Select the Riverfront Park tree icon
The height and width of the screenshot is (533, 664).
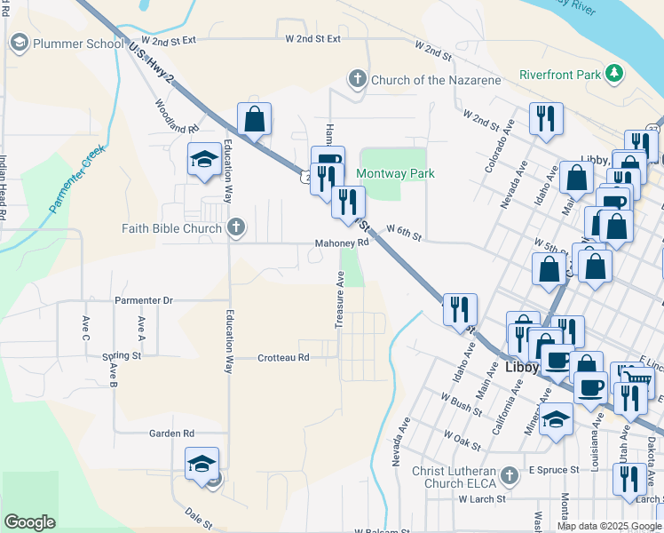[613, 74]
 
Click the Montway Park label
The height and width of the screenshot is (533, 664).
[395, 173]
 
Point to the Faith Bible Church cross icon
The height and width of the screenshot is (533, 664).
[235, 227]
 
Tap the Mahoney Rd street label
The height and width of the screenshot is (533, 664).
[341, 243]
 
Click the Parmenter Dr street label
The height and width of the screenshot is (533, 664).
[143, 300]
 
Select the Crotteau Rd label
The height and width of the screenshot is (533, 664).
[283, 358]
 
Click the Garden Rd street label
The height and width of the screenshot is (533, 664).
[171, 434]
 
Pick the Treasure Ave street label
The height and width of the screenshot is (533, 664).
[339, 300]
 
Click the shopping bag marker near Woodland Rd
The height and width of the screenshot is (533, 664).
[254, 119]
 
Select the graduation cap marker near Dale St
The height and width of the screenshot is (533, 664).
[202, 463]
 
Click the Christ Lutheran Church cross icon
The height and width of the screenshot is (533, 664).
[509, 475]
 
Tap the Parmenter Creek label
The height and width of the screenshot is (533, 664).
[78, 179]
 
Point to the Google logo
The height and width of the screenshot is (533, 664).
[29, 522]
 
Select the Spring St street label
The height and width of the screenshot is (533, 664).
[122, 356]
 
